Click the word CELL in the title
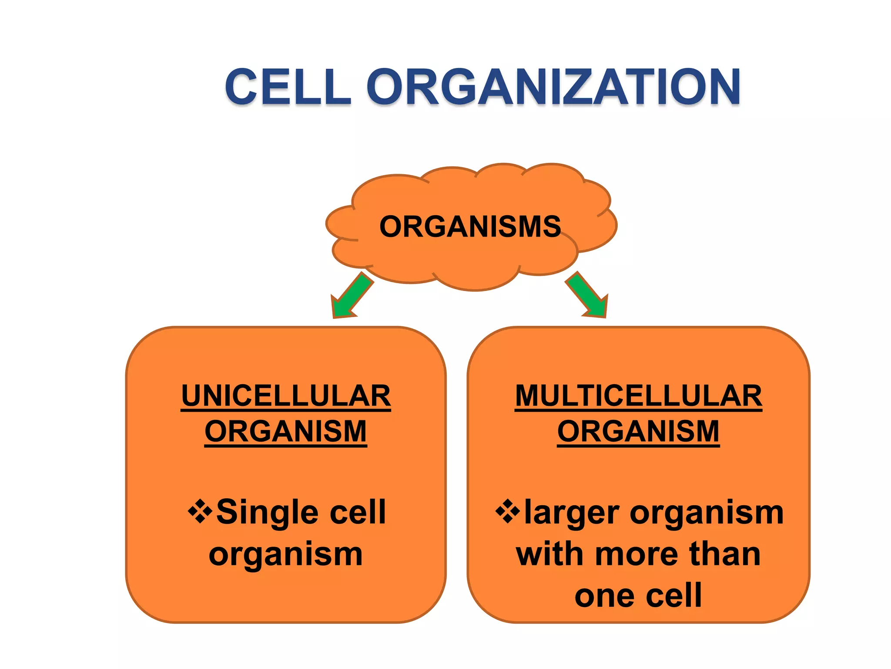288,87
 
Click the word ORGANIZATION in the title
553,87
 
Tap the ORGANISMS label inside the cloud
470,226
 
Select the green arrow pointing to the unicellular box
351,297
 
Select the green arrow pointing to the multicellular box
587,296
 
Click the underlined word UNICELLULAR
286,396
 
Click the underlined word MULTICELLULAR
638,396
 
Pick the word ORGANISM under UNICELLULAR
286,432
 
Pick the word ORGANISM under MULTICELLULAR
638,432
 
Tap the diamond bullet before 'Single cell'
200,511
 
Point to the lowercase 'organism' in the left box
285,556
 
